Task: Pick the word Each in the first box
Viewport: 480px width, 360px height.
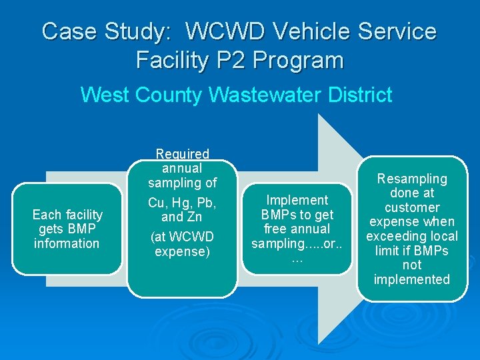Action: [46, 215]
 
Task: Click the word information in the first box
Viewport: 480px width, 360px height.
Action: [67, 243]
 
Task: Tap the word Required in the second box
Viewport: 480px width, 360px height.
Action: [182, 154]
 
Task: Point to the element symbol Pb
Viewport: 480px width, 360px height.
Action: [207, 203]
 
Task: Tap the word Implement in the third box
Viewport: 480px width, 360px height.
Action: [297, 200]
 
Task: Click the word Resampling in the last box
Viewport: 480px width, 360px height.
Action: [411, 179]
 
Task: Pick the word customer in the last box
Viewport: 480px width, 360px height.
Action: [411, 207]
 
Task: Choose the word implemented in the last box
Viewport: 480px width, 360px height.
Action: [411, 279]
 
